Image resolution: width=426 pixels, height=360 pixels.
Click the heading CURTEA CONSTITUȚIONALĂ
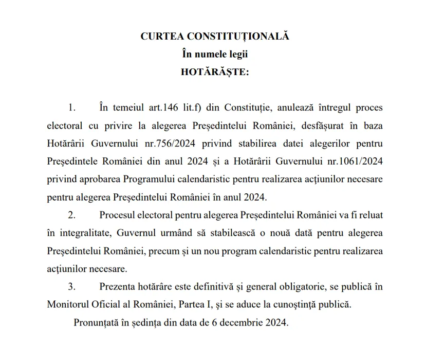(215, 37)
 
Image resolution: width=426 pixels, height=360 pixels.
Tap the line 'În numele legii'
(215, 54)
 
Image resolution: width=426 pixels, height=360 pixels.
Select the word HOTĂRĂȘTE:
(215, 72)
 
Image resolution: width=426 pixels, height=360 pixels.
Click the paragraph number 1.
(71, 108)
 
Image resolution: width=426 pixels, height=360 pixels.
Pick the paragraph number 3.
(71, 286)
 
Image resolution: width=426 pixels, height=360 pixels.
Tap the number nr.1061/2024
(355, 161)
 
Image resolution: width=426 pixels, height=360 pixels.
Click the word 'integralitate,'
(83, 233)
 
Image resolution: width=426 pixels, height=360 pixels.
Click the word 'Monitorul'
(67, 304)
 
